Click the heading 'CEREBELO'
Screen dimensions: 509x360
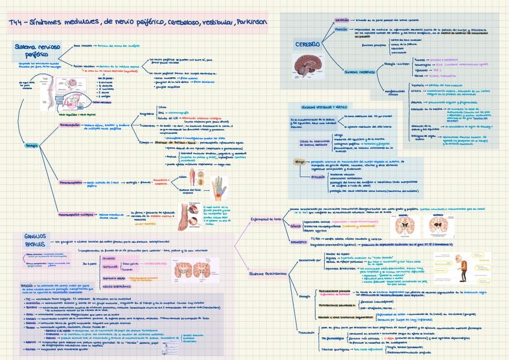click(307, 44)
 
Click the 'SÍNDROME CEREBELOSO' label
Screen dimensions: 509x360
click(360, 71)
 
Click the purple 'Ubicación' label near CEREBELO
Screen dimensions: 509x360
click(342, 20)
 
